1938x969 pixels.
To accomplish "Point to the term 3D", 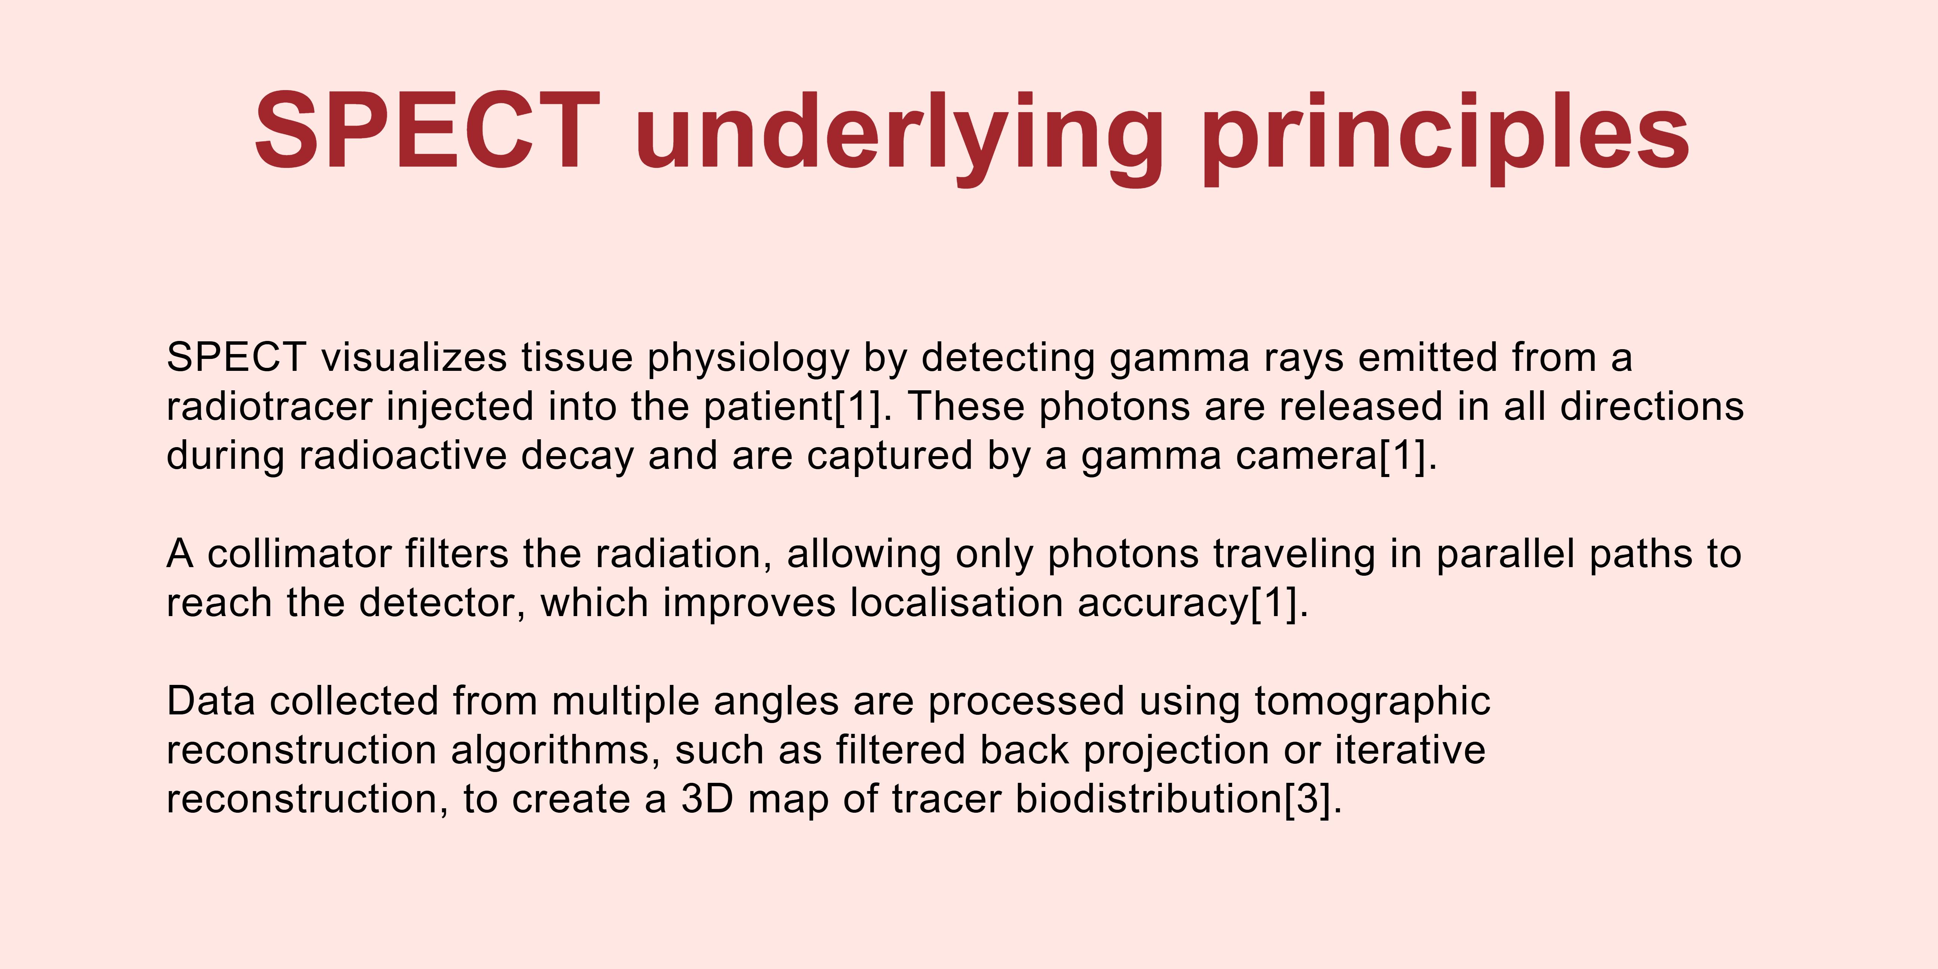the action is [x=707, y=799].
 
